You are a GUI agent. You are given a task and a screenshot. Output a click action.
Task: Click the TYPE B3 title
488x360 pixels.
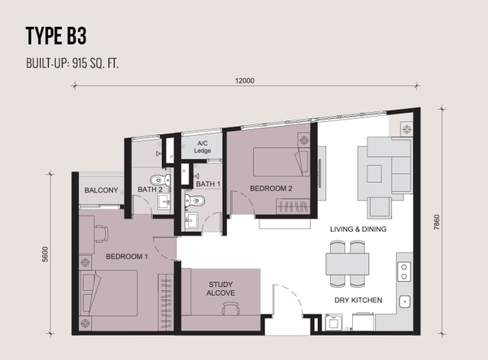coord(56,36)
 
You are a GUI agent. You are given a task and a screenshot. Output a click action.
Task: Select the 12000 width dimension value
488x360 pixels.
coord(245,80)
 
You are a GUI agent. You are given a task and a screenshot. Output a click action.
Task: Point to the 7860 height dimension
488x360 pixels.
coord(437,223)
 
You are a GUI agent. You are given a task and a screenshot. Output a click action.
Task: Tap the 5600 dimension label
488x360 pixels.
coord(46,254)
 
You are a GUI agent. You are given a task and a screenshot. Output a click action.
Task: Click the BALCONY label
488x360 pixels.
coord(101,190)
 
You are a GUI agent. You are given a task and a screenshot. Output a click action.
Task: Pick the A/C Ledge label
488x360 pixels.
coord(203,147)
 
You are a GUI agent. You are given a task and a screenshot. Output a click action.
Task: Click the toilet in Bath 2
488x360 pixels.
coord(160,180)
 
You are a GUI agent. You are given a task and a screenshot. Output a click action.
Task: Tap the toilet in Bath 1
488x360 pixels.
coord(195,201)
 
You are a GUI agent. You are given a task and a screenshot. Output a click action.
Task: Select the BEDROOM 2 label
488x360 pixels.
coord(271,189)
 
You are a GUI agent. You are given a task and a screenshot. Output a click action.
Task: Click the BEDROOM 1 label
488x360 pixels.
coord(127,257)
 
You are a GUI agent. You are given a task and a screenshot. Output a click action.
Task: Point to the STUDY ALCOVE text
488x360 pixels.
coord(220,288)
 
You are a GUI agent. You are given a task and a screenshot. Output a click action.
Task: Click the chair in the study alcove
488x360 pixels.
coord(231,309)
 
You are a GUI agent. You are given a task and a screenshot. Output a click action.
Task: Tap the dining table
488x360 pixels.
coord(347,264)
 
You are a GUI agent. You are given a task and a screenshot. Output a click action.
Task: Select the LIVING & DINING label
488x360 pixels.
coord(358,229)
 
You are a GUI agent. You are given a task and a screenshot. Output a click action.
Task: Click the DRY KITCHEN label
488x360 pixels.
coord(358,300)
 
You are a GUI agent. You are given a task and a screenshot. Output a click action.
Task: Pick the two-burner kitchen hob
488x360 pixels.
coord(404,271)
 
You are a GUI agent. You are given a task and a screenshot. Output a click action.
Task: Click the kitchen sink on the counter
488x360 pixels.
coord(404,301)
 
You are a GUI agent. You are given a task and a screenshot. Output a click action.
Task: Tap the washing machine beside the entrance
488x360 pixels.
coord(333,323)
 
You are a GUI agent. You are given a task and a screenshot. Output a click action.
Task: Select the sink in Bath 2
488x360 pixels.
coord(163,202)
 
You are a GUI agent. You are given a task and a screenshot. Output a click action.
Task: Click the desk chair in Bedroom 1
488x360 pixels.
coord(101,234)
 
